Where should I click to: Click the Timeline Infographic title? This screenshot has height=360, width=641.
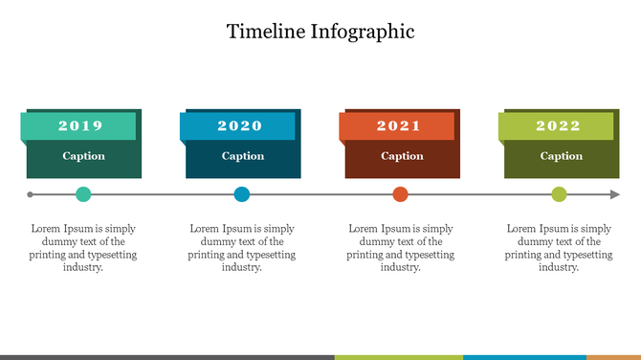320,31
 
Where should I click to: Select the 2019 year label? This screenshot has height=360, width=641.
80,125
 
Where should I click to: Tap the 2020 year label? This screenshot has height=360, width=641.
239,125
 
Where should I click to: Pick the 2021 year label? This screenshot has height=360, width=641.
398,125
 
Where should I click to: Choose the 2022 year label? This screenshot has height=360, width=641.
558,125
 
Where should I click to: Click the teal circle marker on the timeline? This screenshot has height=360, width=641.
83,194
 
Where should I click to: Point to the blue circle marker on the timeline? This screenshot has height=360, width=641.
242,194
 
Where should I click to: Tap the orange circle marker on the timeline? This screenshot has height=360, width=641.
400,194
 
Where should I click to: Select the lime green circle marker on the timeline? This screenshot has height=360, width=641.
559,194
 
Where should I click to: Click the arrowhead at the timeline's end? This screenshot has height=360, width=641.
615,194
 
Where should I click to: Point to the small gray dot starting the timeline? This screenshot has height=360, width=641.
31,194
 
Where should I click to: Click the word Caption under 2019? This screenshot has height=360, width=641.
84,156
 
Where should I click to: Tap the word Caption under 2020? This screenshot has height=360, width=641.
243,156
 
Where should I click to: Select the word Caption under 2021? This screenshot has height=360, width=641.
402,156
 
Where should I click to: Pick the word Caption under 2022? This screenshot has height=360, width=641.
561,156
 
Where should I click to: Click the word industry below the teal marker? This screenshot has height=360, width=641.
82,268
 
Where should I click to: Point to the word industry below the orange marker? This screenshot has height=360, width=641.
400,268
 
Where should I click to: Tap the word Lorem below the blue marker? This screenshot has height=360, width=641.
205,229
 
